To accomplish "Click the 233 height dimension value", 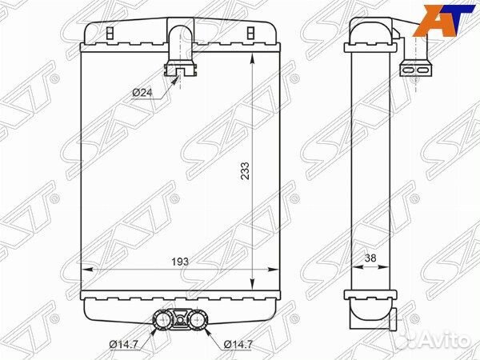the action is click(x=246, y=171).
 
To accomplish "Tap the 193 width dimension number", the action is click(x=180, y=262).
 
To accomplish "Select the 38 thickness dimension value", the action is click(x=370, y=258).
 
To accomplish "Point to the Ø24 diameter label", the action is click(x=142, y=92).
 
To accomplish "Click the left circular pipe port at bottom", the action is click(x=162, y=320).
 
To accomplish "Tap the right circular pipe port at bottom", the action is click(x=198, y=320).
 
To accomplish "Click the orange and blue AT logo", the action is click(x=443, y=21).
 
